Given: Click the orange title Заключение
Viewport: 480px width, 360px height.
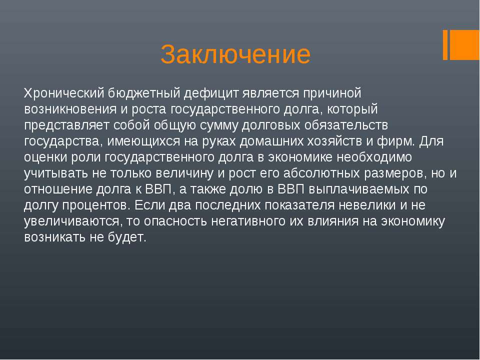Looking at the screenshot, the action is click(235, 54).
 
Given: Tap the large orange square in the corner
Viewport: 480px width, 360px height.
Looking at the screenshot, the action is click(464, 44).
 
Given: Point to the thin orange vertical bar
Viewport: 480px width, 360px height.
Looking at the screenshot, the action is click(445, 44).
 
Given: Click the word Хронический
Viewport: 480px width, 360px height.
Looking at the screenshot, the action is click(64, 93).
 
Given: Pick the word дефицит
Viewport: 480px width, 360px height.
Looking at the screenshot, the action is click(211, 93).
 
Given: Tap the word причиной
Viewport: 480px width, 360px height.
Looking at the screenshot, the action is click(332, 93).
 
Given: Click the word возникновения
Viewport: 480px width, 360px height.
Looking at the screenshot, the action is click(70, 109).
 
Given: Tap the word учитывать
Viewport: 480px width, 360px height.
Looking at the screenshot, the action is click(56, 173).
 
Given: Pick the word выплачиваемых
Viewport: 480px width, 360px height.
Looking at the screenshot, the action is click(359, 189).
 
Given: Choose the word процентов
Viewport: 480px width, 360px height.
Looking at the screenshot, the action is click(94, 205).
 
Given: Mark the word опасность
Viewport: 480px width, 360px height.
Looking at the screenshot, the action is click(175, 221).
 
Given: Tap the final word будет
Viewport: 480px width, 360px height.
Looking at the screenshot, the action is click(127, 237).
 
